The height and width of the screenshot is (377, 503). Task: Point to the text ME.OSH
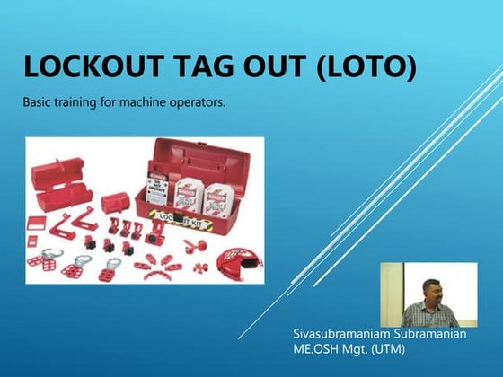point(314,348)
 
